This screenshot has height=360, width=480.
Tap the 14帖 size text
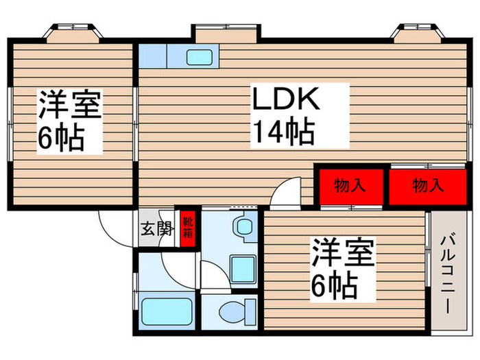[283, 130]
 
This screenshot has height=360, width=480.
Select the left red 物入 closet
[349, 184]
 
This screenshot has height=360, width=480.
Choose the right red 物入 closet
[427, 184]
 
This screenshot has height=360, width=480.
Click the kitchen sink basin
[202, 57]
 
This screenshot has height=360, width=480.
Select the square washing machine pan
[242, 267]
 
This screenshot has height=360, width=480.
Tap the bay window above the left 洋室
[74, 32]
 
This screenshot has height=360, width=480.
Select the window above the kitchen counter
[226, 33]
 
